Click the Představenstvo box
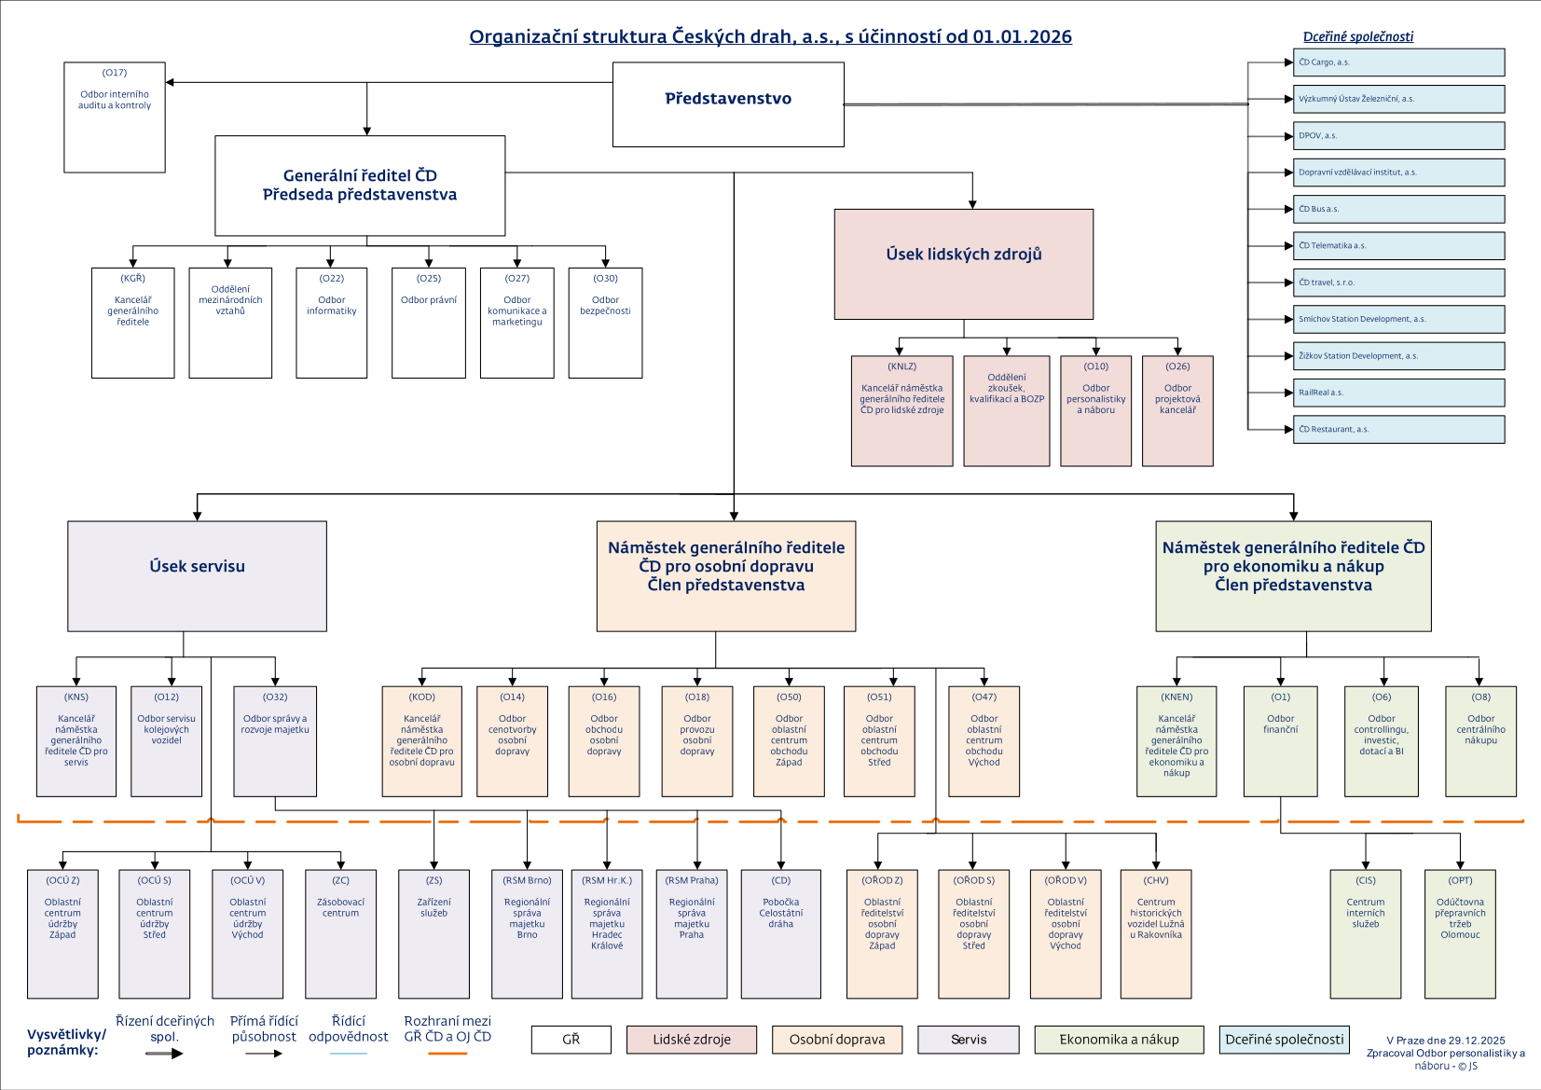coord(728,104)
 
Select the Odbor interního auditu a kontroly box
coord(115,117)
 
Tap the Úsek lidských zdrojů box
coord(963,264)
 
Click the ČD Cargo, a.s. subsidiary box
coord(1398,62)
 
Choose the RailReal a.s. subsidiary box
coord(1398,393)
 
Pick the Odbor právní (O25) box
coord(429,323)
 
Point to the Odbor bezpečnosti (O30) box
coord(605,323)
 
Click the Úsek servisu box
coord(197,575)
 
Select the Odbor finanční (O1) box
coord(1280,741)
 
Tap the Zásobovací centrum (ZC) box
coord(340,933)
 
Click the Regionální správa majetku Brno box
coord(527,933)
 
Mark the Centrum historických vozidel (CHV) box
coord(1155,933)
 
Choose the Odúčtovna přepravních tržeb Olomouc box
coord(1460,933)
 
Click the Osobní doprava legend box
coord(836,1040)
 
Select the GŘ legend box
coord(571,1040)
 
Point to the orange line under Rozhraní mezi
coord(447,1054)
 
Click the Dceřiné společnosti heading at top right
coord(1357,36)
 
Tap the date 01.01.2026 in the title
coord(1022,36)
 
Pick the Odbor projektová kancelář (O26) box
coord(1177,410)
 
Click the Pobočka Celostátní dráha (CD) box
coord(780,933)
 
